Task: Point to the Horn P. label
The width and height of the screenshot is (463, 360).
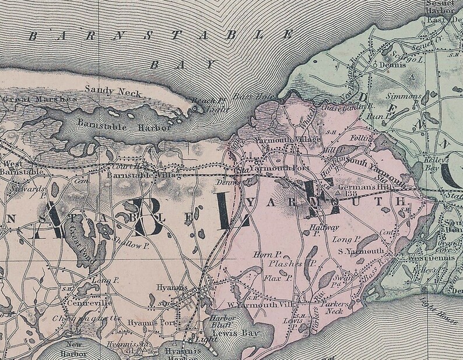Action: [268, 255]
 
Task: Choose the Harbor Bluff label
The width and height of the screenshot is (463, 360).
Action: [222, 322]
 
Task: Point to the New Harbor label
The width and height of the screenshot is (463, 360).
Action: [72, 350]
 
